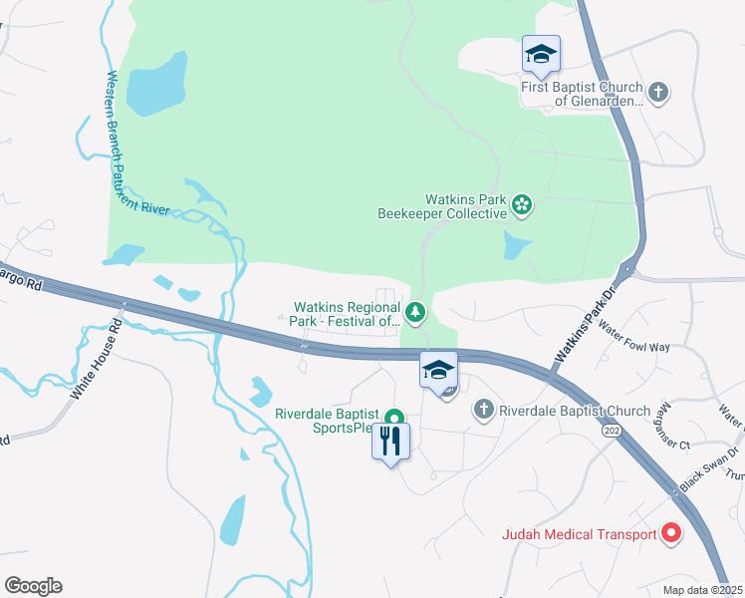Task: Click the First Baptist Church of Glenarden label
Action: (583, 93)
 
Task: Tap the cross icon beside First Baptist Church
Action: (657, 93)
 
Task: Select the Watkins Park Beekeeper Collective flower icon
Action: (521, 205)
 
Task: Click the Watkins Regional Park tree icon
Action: (415, 313)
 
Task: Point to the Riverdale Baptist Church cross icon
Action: (483, 410)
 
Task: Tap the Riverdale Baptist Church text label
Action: (575, 411)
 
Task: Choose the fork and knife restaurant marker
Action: (390, 440)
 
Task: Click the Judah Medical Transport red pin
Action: (671, 534)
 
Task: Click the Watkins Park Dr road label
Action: (581, 335)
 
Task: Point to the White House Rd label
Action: (96, 360)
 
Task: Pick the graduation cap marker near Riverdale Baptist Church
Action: (438, 370)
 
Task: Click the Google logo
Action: (33, 586)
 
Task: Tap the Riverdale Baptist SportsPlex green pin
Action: (394, 420)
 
